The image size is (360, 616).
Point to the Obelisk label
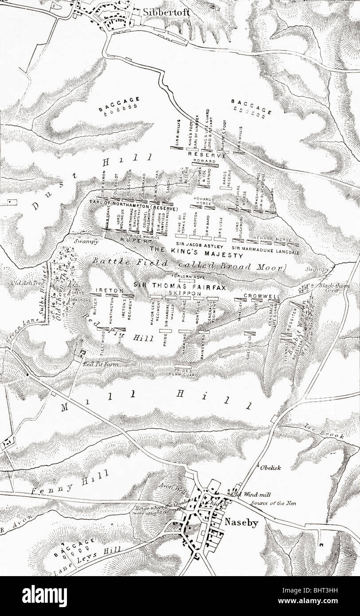(x=270, y=467)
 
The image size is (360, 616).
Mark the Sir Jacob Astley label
(x=195, y=244)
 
